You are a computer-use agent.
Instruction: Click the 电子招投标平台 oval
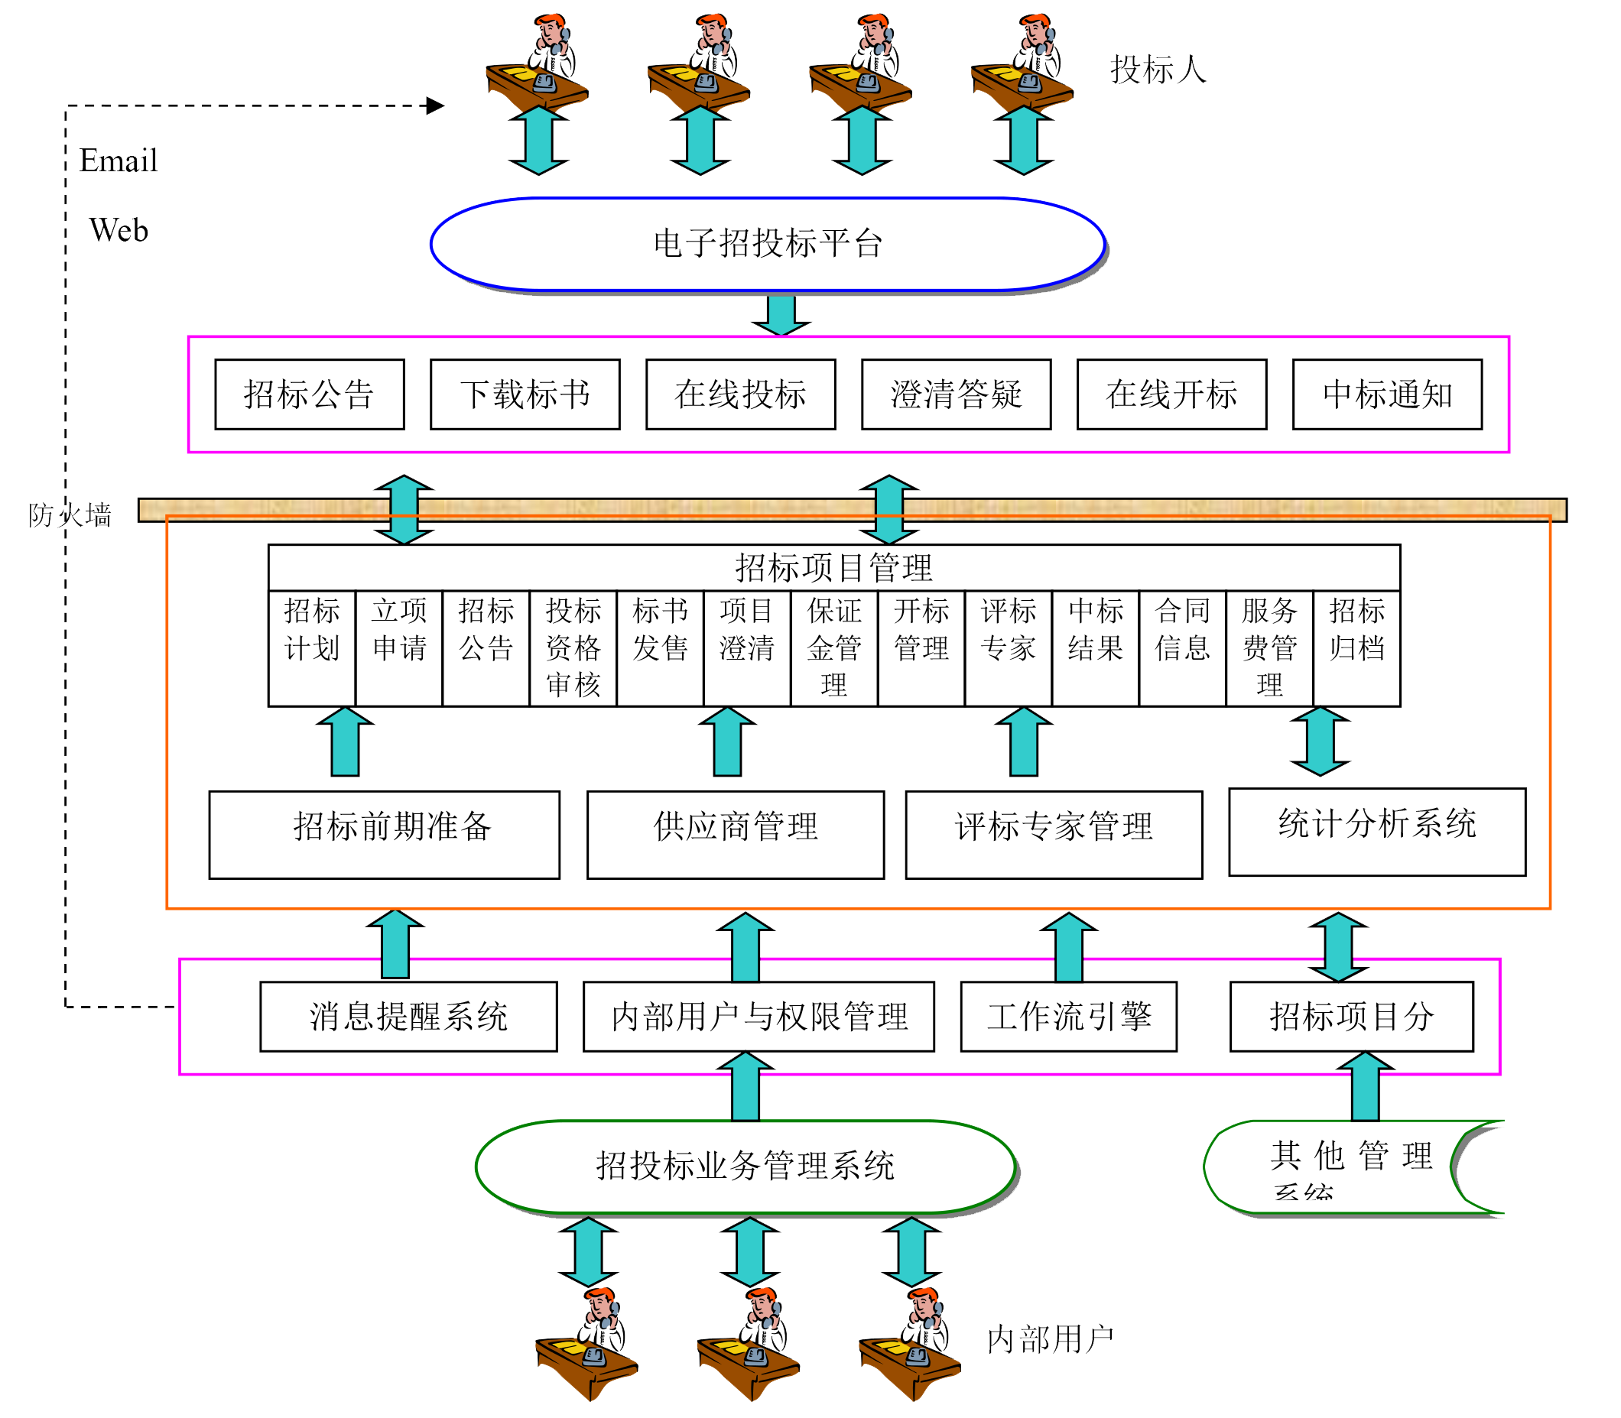tap(767, 244)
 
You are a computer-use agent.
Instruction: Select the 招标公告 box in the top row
tap(309, 394)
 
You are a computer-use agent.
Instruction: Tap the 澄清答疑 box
tap(955, 394)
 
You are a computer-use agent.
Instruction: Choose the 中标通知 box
tap(1387, 394)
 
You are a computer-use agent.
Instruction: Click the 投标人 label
tap(1158, 70)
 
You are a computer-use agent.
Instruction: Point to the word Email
tap(118, 161)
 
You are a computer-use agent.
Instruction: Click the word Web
tap(118, 230)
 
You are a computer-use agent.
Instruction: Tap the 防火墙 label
tap(70, 515)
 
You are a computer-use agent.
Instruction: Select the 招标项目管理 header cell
tap(833, 567)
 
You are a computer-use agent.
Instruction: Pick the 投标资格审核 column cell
tap(573, 647)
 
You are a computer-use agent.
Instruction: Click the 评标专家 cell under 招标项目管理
tap(1008, 631)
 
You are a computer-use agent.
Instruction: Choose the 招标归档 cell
tap(1356, 631)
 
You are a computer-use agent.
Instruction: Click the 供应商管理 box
tap(736, 834)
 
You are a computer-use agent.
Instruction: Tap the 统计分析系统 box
tap(1376, 831)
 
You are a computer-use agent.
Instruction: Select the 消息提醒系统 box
tap(408, 1016)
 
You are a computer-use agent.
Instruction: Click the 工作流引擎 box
tap(1068, 1016)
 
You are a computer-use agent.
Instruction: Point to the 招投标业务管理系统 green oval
tap(745, 1167)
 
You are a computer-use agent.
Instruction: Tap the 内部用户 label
tap(1050, 1340)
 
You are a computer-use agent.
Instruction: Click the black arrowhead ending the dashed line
tap(435, 105)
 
